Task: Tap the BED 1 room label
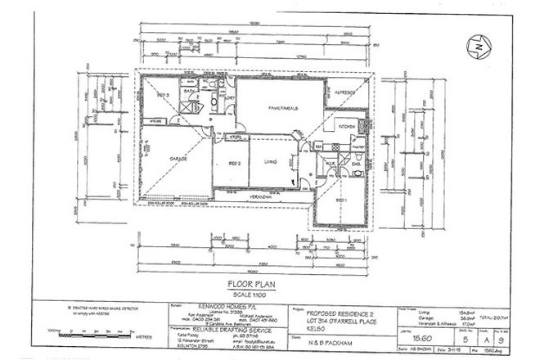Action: (338, 200)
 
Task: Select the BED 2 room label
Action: (232, 164)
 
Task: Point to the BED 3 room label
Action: (162, 96)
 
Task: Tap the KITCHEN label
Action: (348, 127)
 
